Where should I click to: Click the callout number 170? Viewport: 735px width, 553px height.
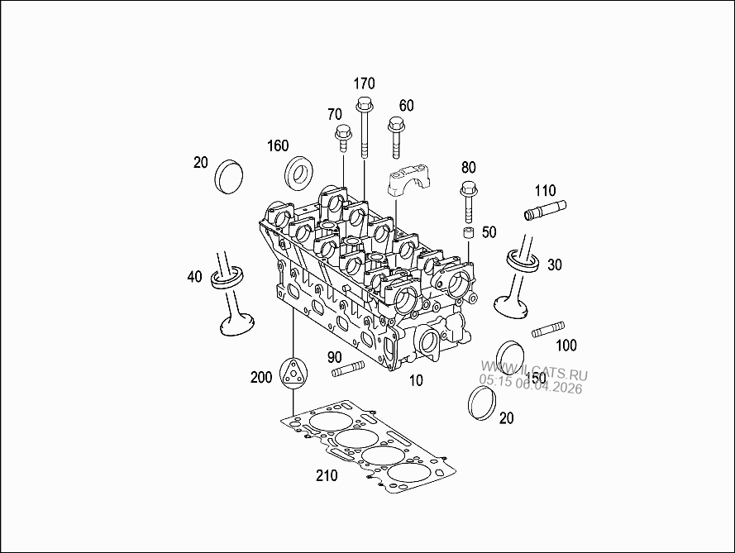364,83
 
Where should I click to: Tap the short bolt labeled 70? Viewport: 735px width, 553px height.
342,139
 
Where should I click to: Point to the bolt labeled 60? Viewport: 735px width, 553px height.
396,138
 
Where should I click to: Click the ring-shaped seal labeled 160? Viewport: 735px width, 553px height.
299,174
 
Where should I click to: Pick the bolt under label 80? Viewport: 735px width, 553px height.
468,202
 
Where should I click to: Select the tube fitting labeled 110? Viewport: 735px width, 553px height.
545,210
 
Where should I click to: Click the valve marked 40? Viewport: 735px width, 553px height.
231,293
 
